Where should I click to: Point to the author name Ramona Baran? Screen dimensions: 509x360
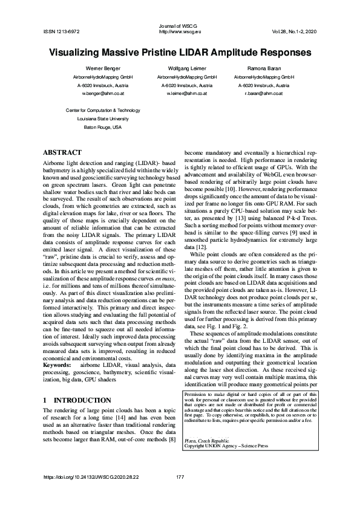click(x=263, y=70)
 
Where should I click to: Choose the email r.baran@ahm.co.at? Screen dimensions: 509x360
click(x=263, y=94)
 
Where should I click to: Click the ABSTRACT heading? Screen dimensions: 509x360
click(x=63, y=152)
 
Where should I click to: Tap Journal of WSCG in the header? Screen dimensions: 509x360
click(x=179, y=25)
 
